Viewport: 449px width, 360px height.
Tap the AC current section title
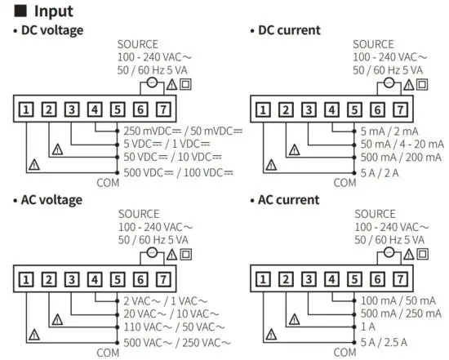[289, 199]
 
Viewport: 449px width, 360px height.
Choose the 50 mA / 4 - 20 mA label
[402, 144]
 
